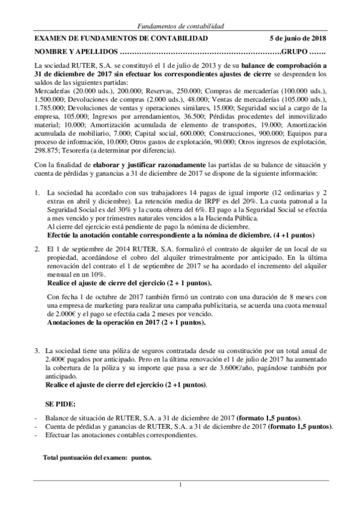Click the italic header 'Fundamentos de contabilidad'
coord(180,26)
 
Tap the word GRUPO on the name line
coord(294,52)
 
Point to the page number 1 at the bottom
coord(180,485)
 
